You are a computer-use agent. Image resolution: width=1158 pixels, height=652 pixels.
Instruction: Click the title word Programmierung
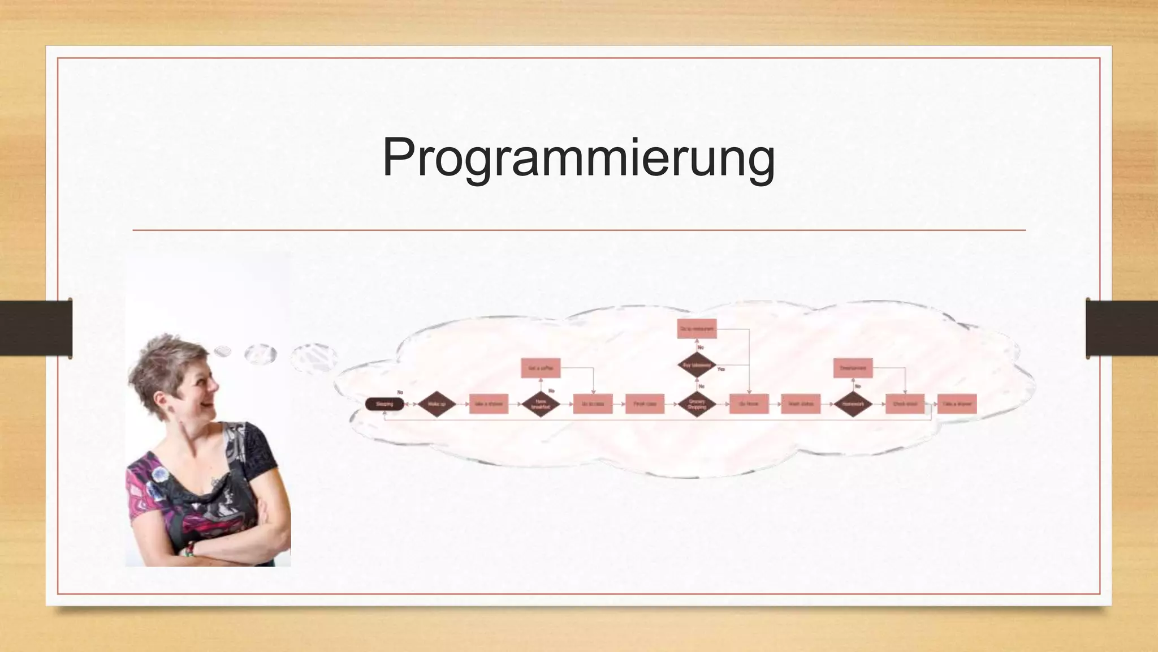[578, 158]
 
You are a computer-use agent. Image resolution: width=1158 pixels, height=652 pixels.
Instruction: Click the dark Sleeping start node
[384, 404]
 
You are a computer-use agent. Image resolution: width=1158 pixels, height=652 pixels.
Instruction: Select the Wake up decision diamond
[437, 404]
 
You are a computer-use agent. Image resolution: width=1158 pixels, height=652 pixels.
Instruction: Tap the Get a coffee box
[541, 368]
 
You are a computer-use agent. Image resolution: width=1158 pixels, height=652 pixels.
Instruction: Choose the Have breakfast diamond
[541, 404]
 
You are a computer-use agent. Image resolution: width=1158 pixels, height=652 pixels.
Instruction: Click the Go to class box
[593, 404]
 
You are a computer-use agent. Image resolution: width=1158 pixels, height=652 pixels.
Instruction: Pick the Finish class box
[645, 404]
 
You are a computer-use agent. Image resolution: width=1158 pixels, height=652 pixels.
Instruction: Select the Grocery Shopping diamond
[697, 404]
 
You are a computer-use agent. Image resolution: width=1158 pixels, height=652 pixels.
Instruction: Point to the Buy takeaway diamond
[697, 366]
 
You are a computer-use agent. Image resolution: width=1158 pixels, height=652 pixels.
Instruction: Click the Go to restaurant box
[697, 329]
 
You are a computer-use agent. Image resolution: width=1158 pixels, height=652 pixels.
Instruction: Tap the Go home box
[749, 404]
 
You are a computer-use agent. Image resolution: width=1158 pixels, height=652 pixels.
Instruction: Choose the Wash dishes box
[801, 404]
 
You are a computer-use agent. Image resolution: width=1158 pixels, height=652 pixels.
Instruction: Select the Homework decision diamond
[853, 404]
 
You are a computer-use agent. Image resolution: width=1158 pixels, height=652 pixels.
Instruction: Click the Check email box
[905, 404]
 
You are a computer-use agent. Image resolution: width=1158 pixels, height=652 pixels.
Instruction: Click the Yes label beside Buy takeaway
[721, 369]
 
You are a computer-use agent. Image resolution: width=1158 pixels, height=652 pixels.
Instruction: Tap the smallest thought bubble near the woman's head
[222, 351]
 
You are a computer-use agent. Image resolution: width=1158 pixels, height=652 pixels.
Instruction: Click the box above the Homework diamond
[853, 368]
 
